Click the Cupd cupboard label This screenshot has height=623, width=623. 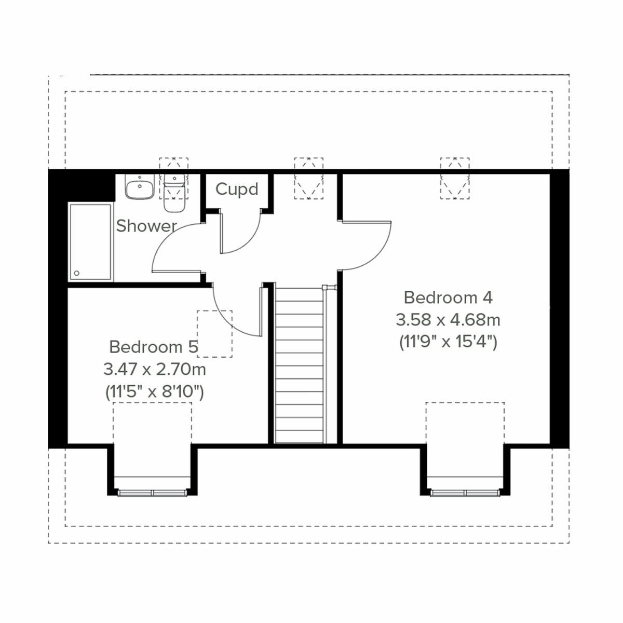(x=237, y=189)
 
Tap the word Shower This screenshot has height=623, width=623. (x=146, y=226)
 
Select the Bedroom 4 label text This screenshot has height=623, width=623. (x=448, y=297)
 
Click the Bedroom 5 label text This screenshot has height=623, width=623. (x=154, y=346)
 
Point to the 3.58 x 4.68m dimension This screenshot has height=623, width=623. (x=448, y=320)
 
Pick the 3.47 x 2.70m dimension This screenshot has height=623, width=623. (x=155, y=370)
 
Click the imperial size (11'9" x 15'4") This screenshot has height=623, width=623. (x=448, y=342)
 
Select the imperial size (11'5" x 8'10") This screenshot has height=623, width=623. (x=155, y=392)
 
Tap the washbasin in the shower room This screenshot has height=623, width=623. (x=139, y=187)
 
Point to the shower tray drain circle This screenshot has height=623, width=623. (x=77, y=273)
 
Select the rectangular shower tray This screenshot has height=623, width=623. (x=90, y=242)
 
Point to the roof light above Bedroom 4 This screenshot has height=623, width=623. (x=455, y=179)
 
